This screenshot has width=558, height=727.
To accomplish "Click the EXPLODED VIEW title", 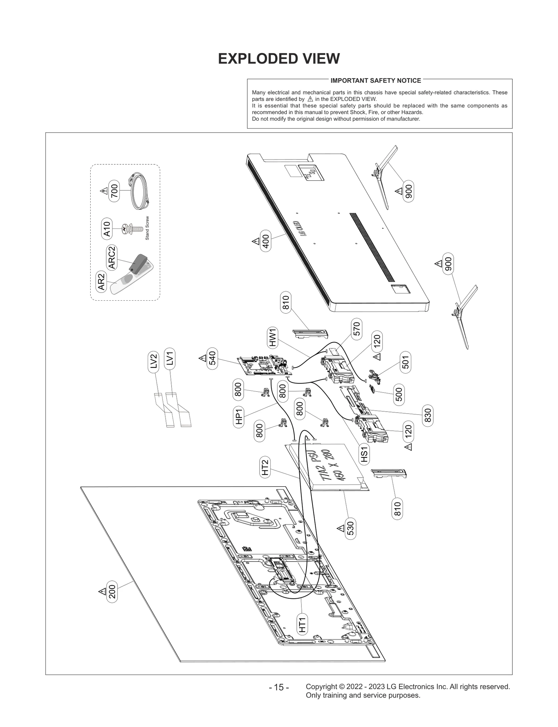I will [279, 59].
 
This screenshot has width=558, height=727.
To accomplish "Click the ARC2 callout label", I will [112, 258].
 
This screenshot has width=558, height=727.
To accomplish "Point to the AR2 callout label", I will [101, 282].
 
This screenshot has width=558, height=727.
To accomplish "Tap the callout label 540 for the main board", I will [212, 358].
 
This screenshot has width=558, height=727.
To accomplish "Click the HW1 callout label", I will [272, 337].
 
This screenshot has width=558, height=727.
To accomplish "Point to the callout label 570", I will [356, 329].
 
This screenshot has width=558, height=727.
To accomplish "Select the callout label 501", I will [406, 362].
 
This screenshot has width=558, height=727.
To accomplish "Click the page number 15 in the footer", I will [279, 688].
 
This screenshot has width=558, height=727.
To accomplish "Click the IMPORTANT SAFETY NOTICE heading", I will [376, 81].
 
